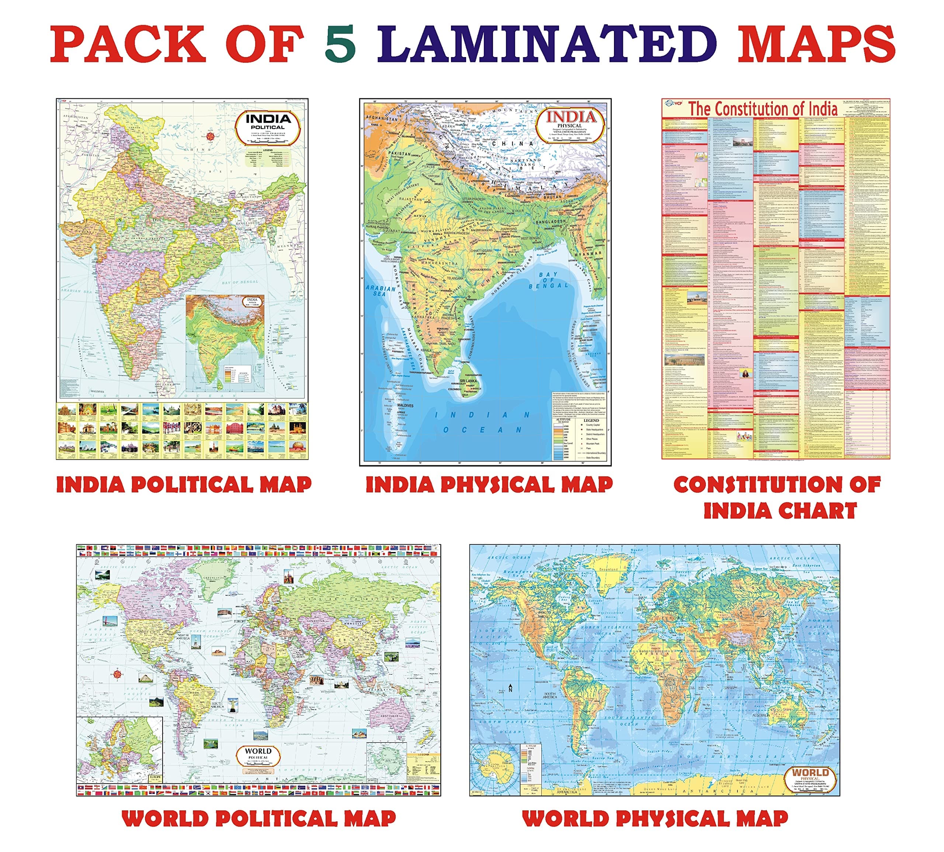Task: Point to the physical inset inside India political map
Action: coord(225,342)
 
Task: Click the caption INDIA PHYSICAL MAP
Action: coord(489,485)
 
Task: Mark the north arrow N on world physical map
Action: coord(510,688)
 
